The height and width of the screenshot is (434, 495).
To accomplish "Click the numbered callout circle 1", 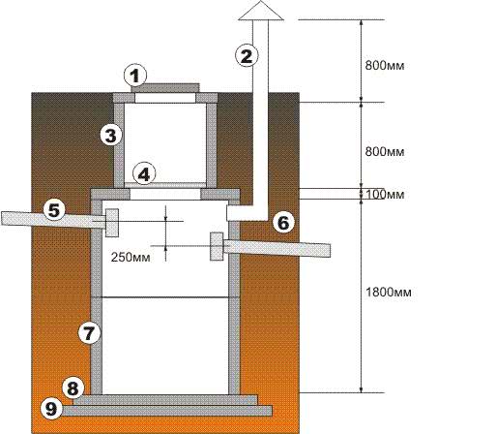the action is pos(135,76).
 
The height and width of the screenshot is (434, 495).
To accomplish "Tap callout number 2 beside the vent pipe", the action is pos(247,56).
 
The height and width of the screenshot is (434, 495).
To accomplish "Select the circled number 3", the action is pos(111,136).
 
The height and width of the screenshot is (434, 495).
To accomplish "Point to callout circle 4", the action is pos(144,174).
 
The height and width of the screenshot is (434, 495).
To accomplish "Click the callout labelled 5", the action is pos(54,210).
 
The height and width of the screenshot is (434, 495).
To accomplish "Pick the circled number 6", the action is pos(283,223).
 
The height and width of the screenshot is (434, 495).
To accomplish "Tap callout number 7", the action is pos(90,333).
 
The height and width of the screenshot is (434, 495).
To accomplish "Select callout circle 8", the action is pos(73,388).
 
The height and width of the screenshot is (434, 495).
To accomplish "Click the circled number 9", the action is pos(51,409).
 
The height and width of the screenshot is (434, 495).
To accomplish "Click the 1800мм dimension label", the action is pos(389,293).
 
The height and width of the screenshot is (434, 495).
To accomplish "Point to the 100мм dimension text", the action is pos(385,195).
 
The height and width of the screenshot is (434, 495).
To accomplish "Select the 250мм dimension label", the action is pos(131,258).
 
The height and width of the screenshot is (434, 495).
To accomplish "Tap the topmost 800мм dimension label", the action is pos(385,66).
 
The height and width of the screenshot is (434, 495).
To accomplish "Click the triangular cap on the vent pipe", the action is pos(261,12).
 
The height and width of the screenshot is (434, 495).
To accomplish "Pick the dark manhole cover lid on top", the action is pos(165,88).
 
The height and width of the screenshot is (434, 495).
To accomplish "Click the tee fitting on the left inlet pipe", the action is pos(112,223).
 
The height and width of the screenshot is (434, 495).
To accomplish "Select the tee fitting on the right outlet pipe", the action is pos(217,246).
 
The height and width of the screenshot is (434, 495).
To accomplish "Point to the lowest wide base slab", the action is pos(166,411).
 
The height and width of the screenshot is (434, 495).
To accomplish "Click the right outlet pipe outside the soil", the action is pos(315,250).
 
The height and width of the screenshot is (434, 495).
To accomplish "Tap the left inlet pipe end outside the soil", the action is pos(16,218).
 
